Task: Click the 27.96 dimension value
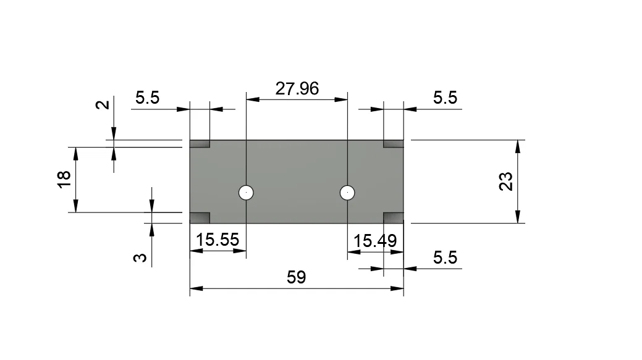[297, 88]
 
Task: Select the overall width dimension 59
[296, 277]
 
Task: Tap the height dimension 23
[506, 182]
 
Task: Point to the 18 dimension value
[64, 179]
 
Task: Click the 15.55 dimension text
[218, 240]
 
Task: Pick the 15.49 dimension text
[374, 241]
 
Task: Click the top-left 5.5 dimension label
[148, 98]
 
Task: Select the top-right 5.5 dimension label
[445, 98]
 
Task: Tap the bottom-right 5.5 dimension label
[445, 257]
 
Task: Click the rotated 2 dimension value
[103, 105]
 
